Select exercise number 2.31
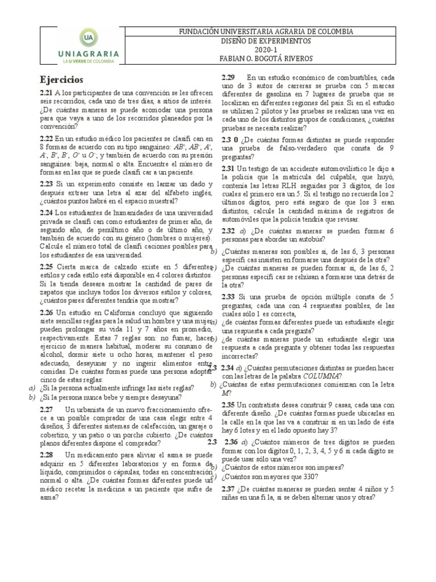click(x=228, y=169)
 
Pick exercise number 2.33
click(x=228, y=297)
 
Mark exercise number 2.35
click(x=228, y=404)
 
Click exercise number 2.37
click(x=228, y=489)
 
